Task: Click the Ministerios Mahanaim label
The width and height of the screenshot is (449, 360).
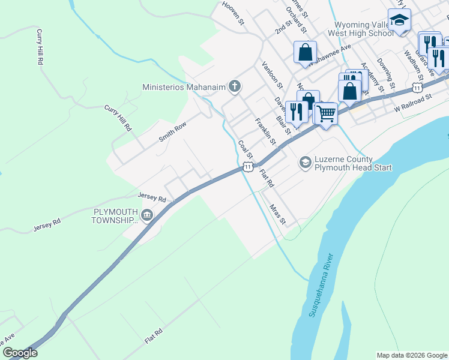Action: (x=183, y=87)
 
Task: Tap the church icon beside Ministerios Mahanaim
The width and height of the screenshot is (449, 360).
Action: (x=235, y=87)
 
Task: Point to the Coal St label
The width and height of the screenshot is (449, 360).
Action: (x=244, y=149)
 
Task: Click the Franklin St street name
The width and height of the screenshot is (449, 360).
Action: (x=264, y=132)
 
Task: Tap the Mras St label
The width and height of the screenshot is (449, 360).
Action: (x=277, y=214)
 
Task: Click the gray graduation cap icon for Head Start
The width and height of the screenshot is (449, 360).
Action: (x=305, y=163)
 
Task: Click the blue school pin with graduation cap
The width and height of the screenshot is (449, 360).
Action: (x=399, y=20)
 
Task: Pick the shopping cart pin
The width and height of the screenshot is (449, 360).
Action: (x=326, y=112)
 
